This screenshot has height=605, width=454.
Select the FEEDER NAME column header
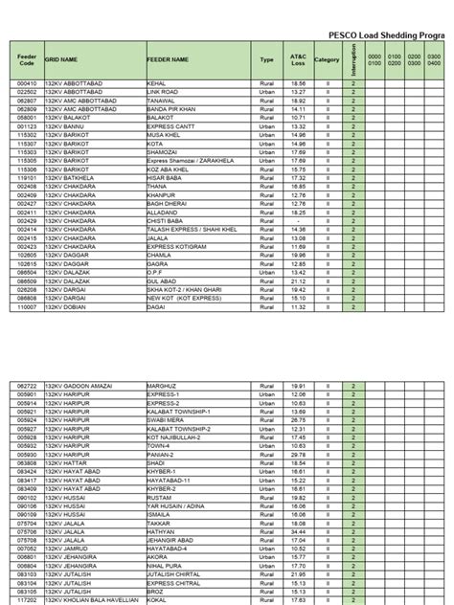point(168,59)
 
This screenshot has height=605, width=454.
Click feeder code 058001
point(26,117)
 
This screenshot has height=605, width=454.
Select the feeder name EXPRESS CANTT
point(169,125)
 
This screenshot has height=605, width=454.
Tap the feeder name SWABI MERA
point(164,419)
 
